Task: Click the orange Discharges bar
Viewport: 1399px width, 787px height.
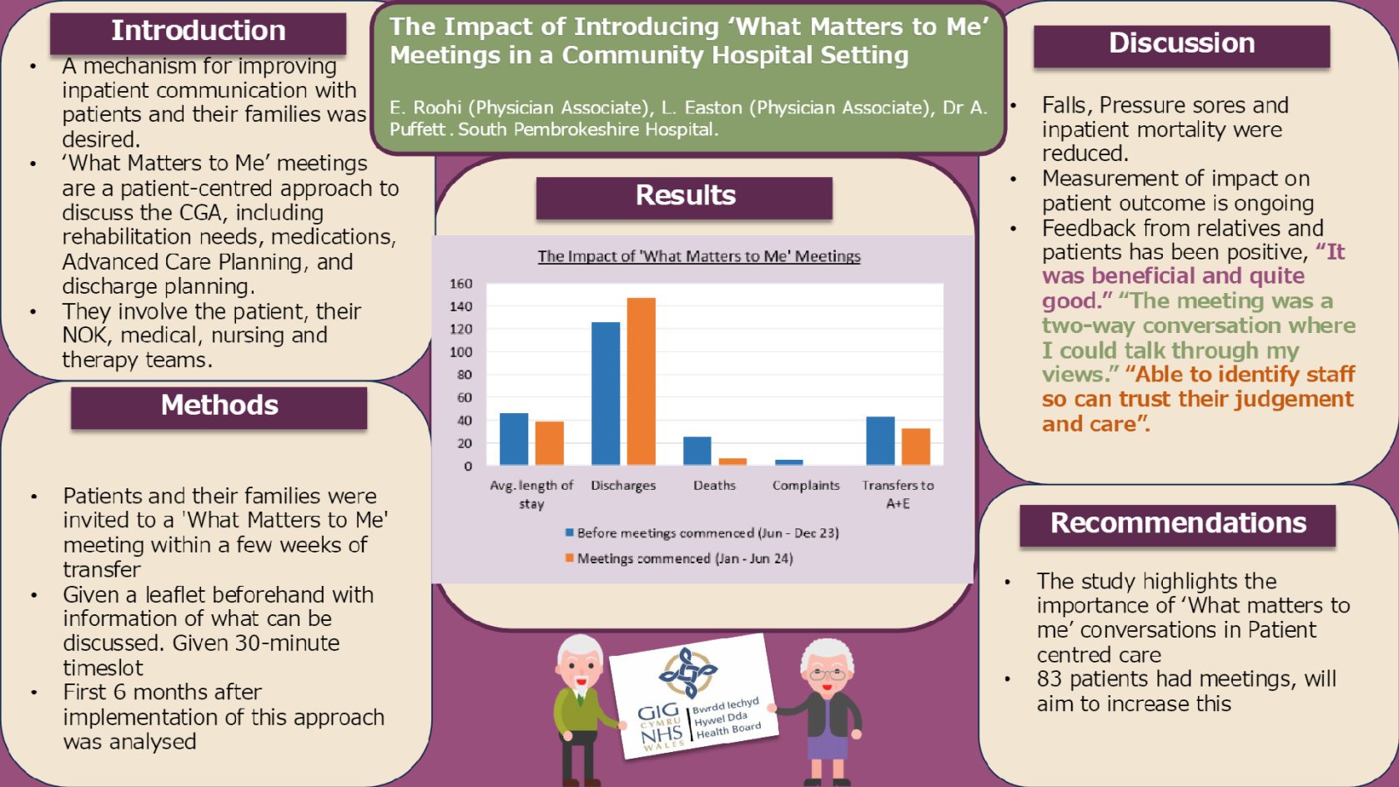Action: [x=641, y=381]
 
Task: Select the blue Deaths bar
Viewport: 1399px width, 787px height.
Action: [x=697, y=451]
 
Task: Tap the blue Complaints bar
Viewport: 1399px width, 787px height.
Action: [x=789, y=462]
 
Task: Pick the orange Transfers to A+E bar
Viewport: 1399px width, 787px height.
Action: [x=916, y=446]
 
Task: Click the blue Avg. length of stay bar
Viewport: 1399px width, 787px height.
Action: [x=513, y=438]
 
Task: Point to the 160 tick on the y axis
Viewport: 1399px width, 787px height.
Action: [x=461, y=284]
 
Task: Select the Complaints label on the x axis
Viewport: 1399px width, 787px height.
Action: [x=806, y=486]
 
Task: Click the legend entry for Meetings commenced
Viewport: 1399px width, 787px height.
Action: [x=679, y=558]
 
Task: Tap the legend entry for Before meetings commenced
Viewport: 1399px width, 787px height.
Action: [x=702, y=532]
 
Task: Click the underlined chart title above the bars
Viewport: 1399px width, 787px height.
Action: [x=699, y=256]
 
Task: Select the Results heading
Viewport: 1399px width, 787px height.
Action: [x=685, y=195]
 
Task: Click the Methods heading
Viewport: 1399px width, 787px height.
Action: [x=219, y=405]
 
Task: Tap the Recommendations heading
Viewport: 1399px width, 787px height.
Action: [x=1178, y=522]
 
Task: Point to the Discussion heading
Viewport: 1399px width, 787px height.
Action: [x=1181, y=43]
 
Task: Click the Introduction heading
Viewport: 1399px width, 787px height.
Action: [x=198, y=31]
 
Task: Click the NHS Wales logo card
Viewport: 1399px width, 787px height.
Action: [x=693, y=696]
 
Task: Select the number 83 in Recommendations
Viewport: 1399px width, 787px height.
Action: [x=1049, y=679]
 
